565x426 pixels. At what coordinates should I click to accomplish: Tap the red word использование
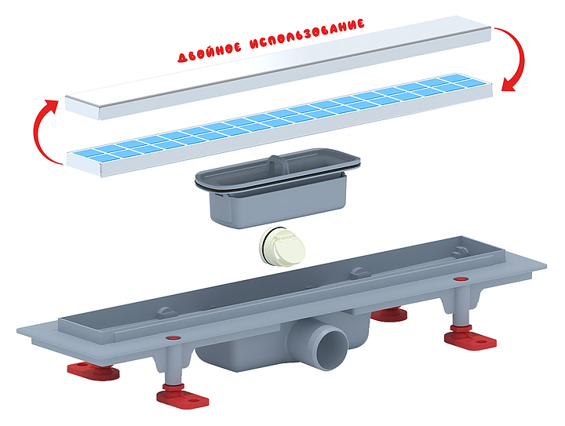307,34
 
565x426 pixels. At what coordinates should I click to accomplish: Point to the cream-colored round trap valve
282,247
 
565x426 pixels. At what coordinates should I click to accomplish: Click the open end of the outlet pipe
333,348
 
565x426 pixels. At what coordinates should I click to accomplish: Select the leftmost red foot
93,371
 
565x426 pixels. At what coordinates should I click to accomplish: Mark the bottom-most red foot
182,396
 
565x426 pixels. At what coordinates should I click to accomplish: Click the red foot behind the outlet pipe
389,314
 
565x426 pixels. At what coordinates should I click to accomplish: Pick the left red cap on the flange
173,338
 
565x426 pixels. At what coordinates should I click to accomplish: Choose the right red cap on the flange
460,279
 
